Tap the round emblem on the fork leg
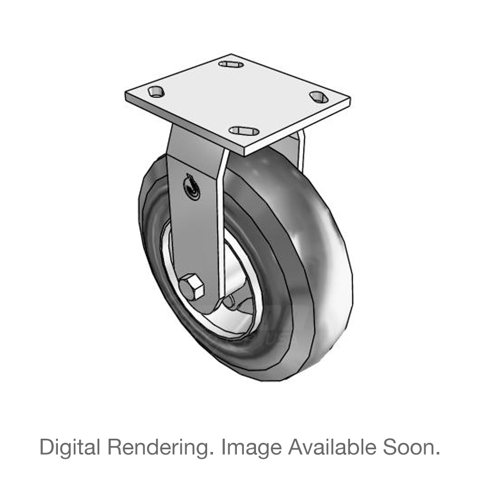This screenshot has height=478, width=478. coord(190,187)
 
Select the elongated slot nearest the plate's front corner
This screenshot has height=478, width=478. coord(244,131)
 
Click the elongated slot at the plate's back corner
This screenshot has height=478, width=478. coord(231,64)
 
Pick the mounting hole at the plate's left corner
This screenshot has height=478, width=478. coord(156,92)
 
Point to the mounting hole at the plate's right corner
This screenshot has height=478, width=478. coord(318,97)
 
